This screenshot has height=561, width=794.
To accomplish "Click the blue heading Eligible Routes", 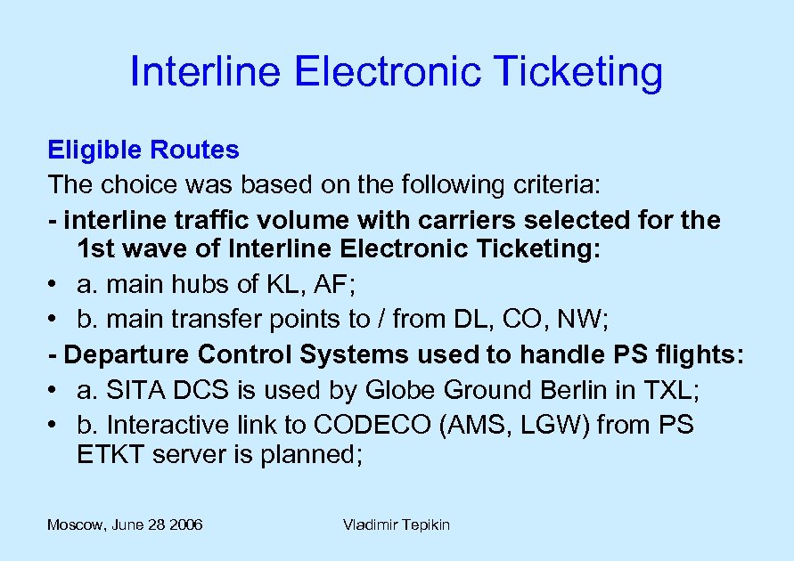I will (143, 150).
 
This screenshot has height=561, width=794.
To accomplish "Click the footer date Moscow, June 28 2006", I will (125, 525).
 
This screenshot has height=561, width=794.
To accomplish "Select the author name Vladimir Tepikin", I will (396, 525).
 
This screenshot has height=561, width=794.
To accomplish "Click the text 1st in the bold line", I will (94, 249).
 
